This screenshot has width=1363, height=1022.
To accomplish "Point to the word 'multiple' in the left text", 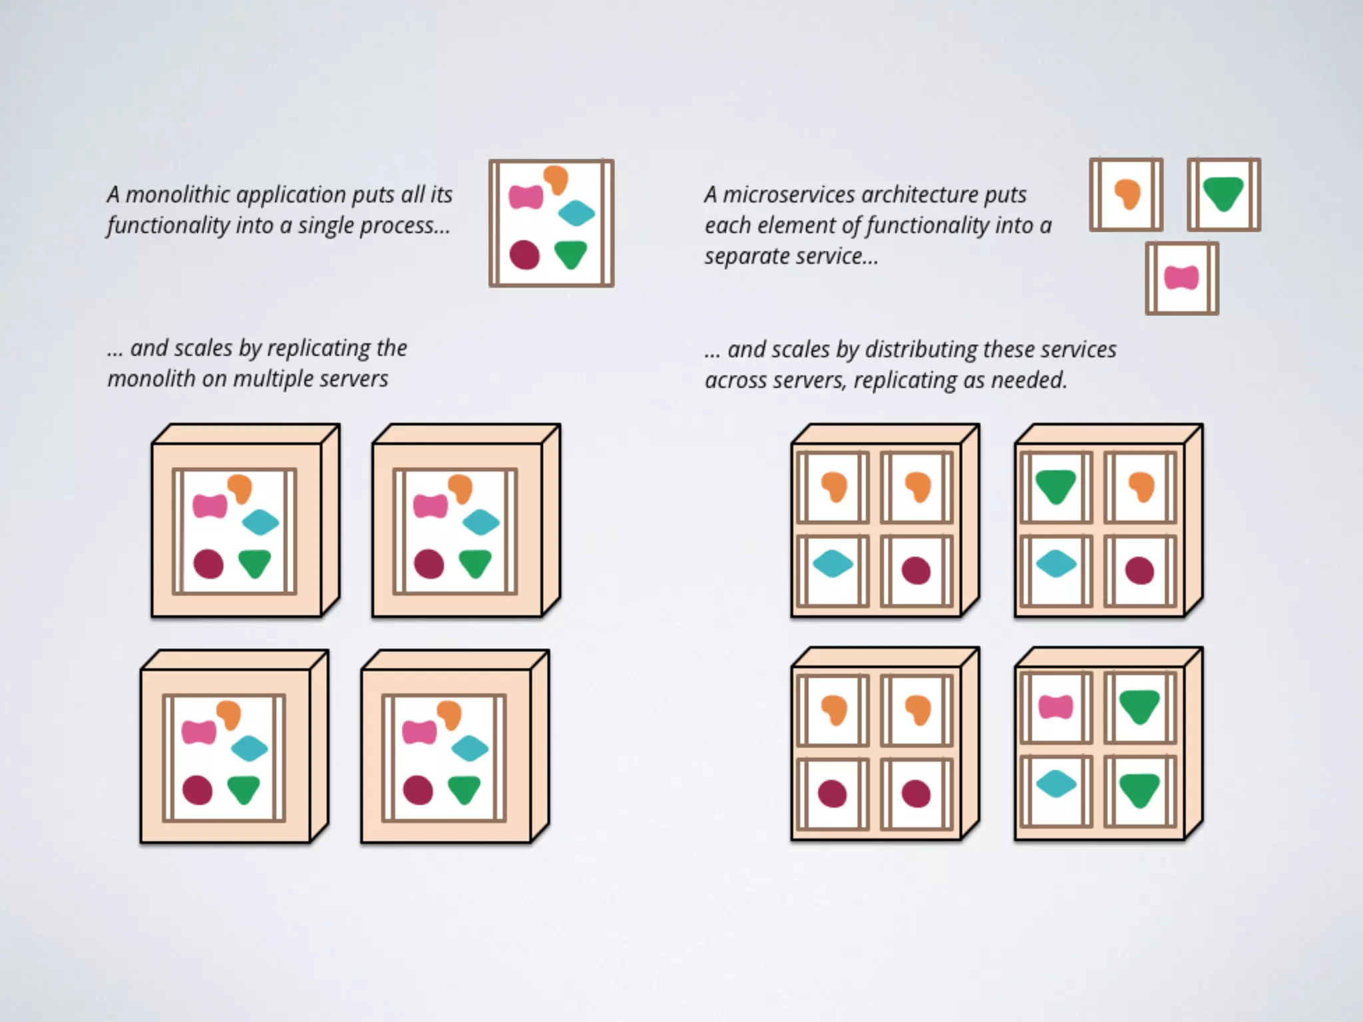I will (x=274, y=379).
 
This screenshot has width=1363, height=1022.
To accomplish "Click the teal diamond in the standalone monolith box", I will (x=576, y=213).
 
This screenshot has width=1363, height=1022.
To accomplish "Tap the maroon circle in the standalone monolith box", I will (x=524, y=255).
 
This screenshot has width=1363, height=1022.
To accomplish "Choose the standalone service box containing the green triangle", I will (x=1223, y=194).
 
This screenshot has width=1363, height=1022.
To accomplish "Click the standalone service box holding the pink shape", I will (x=1182, y=278).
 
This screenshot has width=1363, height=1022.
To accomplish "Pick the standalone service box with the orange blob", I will (x=1126, y=194).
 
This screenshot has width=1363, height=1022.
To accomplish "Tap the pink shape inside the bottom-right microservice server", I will (x=1056, y=707).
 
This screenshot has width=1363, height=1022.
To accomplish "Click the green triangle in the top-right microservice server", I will (x=1056, y=486).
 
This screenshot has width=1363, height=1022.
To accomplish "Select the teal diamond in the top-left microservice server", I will (x=833, y=565).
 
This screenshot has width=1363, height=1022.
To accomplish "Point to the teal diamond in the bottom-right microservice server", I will (x=1056, y=784).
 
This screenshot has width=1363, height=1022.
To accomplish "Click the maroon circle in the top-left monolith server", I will (x=208, y=564).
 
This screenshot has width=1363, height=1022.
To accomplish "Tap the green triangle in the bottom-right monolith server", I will (x=464, y=790).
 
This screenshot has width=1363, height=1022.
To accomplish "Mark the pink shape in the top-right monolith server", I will (x=431, y=506).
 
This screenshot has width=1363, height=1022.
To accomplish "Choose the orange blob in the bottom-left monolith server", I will (x=228, y=715).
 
